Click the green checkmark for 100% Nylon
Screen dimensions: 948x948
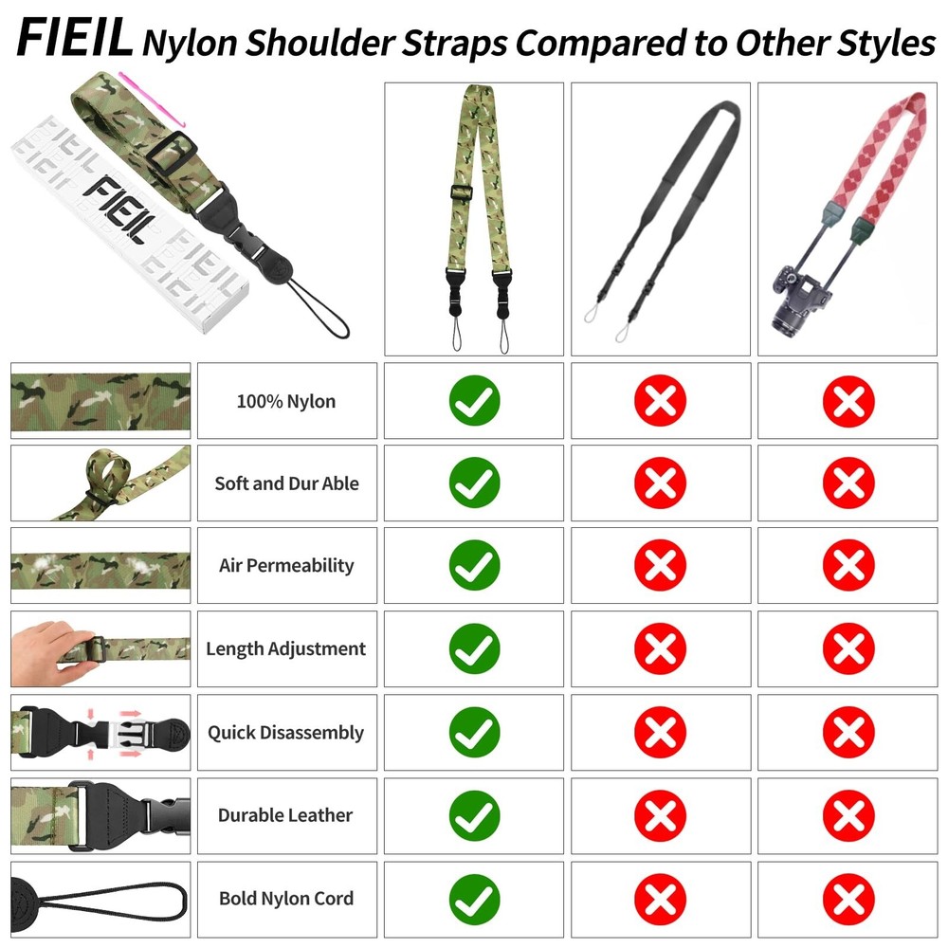pos(474,401)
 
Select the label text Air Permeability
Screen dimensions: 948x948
pos(286,566)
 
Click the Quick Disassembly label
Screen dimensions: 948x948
pos(286,733)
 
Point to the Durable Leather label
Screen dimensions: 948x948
pos(286,815)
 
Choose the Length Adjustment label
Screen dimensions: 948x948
pos(286,649)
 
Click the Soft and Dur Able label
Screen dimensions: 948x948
pos(286,483)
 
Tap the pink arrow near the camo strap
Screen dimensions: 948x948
pos(152,95)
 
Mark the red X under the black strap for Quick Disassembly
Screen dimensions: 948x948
pos(661,733)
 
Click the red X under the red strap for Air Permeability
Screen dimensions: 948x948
pos(848,566)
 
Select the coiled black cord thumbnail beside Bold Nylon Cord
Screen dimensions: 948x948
pos(100,898)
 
